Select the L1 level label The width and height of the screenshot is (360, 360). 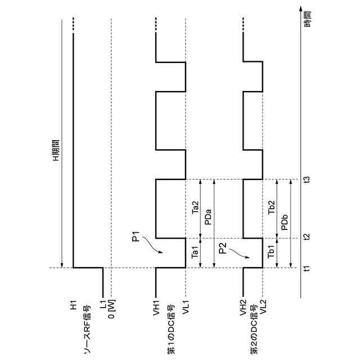tap(103, 307)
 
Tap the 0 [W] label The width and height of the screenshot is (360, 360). tap(112, 313)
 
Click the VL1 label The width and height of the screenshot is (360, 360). tap(186, 309)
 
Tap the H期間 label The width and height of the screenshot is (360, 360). tap(55, 150)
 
